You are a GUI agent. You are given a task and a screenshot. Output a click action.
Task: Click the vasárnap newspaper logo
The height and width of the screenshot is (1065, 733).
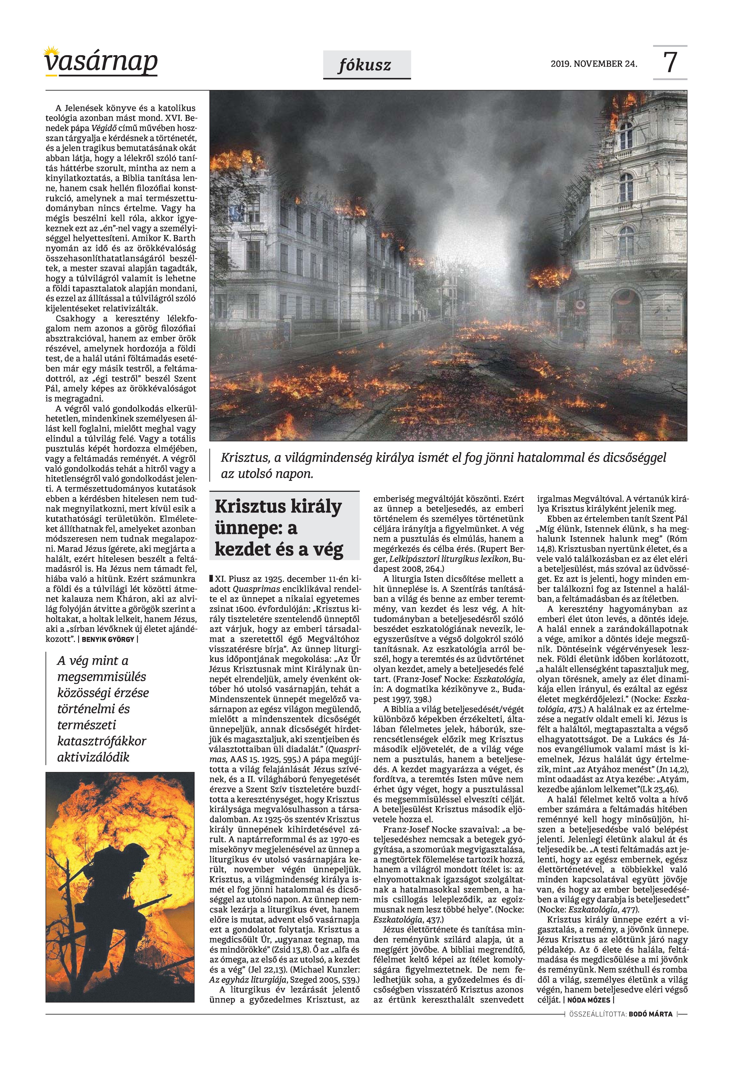[x=101, y=62]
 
